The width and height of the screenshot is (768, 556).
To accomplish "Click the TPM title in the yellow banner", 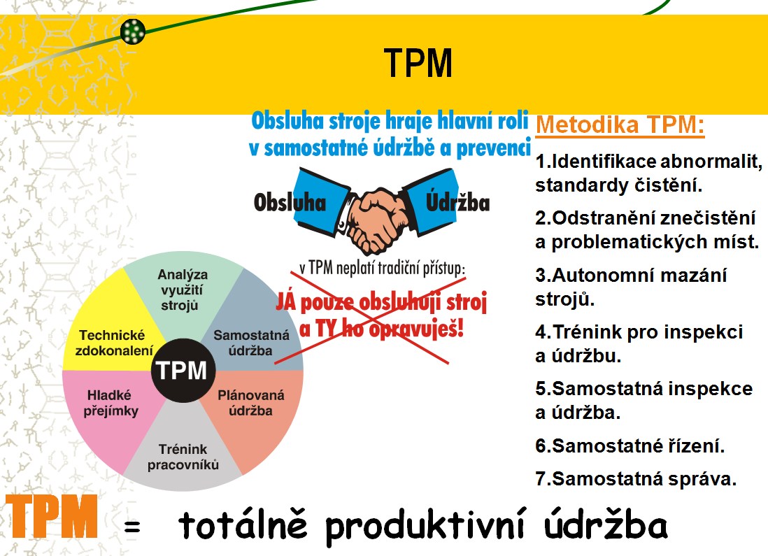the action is point(418,63).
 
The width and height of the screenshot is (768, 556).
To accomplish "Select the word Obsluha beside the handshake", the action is point(290,203).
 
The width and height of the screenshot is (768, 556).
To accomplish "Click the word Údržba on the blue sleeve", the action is point(457,202).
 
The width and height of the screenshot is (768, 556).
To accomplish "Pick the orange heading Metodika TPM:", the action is point(620,125).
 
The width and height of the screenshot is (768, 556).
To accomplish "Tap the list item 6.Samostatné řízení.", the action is point(630,445).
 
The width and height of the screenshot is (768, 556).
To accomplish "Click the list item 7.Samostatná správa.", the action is point(636,478).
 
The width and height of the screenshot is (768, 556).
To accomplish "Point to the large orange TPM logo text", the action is point(52,516).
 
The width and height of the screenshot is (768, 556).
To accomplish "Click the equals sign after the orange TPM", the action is point(131,527).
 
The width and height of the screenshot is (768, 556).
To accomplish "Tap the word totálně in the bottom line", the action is point(243,523).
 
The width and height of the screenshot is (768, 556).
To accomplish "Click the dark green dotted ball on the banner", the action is point(133,31).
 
